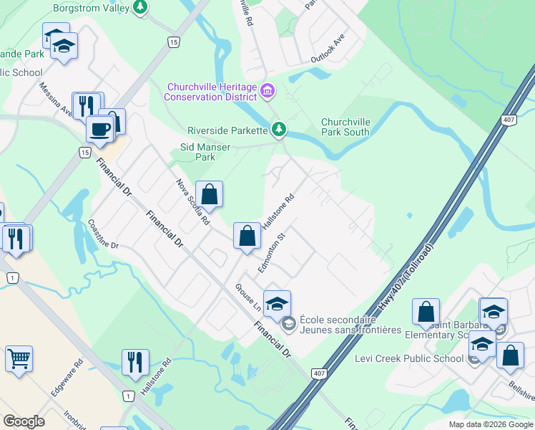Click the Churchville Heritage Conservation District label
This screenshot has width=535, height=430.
tap(211, 92)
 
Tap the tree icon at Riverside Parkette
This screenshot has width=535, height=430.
tap(279, 130)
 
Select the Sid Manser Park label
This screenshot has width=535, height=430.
tap(205, 152)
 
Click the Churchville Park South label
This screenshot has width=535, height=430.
tap(345, 127)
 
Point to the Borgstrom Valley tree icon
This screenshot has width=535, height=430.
tap(141, 8)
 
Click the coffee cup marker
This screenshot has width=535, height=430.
tap(99, 129)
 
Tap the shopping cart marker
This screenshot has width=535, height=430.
tap(19, 358)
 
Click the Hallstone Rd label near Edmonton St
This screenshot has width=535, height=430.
tap(278, 209)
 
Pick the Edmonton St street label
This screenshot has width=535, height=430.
tap(272, 252)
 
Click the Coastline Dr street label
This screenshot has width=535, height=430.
tap(102, 234)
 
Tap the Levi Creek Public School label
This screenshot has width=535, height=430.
tap(409, 358)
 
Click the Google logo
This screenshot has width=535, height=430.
tap(24, 421)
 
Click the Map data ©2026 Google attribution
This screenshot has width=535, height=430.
tap(490, 424)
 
